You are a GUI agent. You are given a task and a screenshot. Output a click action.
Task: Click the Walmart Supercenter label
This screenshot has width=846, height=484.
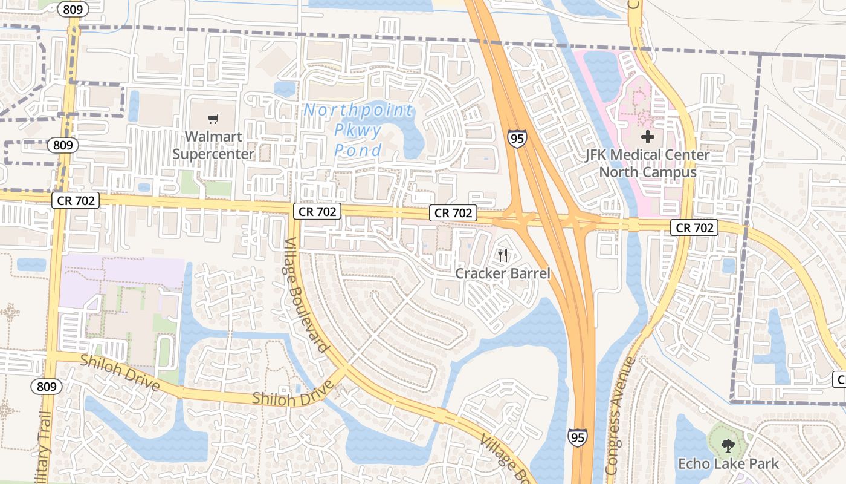point(213,145)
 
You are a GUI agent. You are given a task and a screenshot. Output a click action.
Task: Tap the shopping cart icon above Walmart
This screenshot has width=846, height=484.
point(213,119)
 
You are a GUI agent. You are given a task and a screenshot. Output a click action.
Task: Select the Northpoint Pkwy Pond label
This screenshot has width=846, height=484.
point(358,130)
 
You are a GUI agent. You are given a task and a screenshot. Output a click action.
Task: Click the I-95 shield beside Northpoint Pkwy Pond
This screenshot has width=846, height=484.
point(517,139)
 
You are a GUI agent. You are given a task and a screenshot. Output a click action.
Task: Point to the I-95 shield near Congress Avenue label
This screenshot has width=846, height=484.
point(577,437)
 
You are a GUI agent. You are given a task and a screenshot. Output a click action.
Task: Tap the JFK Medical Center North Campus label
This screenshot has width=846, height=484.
point(648,163)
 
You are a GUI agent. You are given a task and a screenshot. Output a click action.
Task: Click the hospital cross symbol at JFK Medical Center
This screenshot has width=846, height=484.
point(648,137)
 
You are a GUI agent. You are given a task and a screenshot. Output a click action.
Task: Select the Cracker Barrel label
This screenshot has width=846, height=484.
point(503,273)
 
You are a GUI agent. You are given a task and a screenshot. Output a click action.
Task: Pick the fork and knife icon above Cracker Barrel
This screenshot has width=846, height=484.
point(503,255)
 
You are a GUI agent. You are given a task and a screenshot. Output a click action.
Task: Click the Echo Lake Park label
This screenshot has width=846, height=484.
point(728,464)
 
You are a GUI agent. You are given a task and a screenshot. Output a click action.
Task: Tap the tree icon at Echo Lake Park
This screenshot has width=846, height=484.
point(728,446)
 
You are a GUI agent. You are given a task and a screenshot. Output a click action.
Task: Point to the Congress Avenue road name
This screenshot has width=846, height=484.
point(620,415)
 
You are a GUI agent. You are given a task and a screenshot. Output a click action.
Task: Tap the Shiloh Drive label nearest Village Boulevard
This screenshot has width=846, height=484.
point(292,395)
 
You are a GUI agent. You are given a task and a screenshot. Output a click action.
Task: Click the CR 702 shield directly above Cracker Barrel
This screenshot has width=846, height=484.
point(453,213)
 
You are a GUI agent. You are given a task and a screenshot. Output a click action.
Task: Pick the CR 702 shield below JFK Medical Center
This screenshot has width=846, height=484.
point(695,227)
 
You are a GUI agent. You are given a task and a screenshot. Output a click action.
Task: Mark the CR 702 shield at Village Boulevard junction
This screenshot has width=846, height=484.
point(317,211)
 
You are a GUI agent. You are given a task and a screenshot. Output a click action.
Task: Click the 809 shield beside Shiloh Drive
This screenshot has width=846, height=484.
point(47,387)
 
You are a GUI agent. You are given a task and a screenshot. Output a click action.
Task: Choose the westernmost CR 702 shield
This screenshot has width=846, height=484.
point(76,200)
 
